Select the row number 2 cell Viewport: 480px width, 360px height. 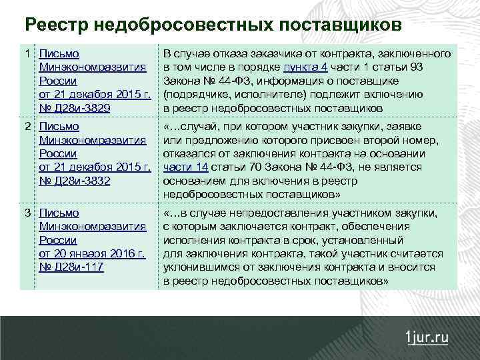point(27,127)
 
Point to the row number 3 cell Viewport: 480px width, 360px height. point(27,213)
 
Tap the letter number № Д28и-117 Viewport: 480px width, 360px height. point(72,267)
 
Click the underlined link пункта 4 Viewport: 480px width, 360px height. point(305,67)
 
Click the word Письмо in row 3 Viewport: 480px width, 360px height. point(59,213)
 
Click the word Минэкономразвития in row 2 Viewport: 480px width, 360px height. point(93,140)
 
